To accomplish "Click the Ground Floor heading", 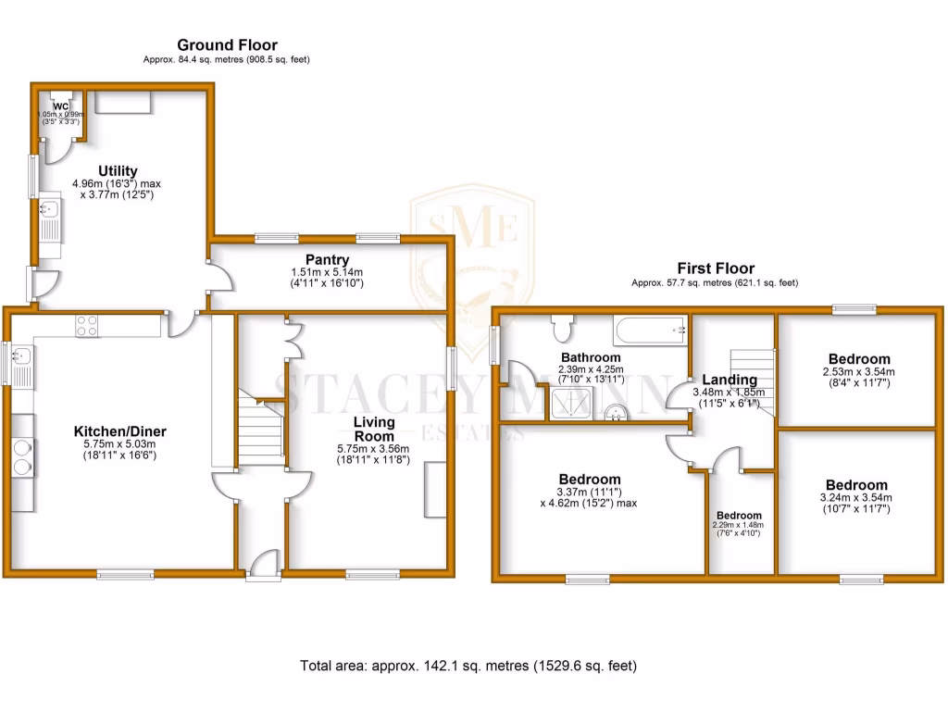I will pyautogui.click(x=227, y=44).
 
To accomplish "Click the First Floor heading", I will pyautogui.click(x=715, y=268).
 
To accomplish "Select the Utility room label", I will pyautogui.click(x=118, y=171).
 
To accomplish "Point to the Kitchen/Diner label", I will pyautogui.click(x=120, y=431).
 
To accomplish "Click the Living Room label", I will pyautogui.click(x=373, y=430).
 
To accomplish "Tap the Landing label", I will pyautogui.click(x=730, y=380).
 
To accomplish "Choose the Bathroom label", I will pyautogui.click(x=591, y=357).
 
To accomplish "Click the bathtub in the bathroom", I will pyautogui.click(x=650, y=328).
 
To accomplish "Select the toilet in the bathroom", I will pyautogui.click(x=562, y=327).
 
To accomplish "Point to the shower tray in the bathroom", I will pyautogui.click(x=573, y=403).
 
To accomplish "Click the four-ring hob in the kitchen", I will pyautogui.click(x=87, y=325).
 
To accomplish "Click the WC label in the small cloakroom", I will pyautogui.click(x=61, y=106).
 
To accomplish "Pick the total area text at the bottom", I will pyautogui.click(x=468, y=666).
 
